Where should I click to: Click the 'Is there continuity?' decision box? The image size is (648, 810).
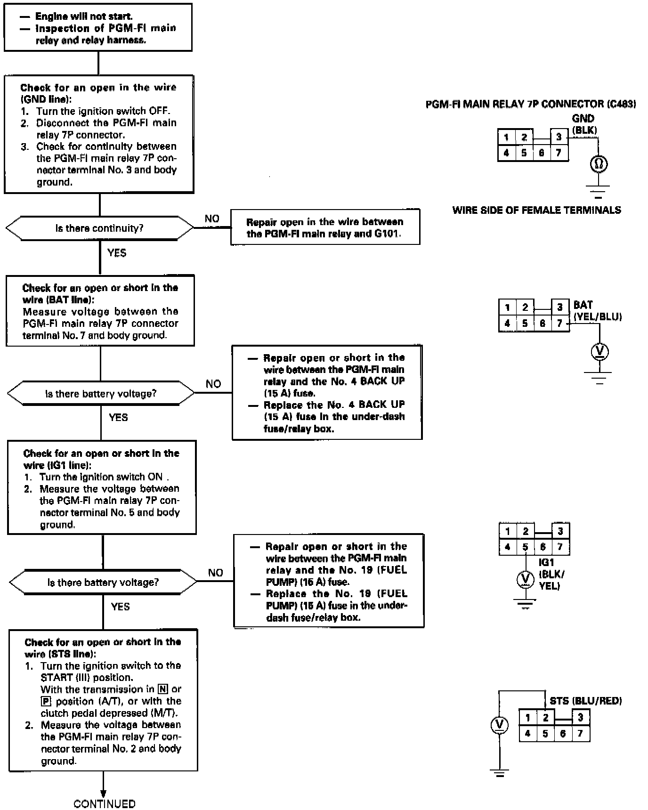coord(99,228)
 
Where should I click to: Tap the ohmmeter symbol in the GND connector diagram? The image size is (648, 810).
coord(599,164)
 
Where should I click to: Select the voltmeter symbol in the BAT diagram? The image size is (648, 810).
coord(599,351)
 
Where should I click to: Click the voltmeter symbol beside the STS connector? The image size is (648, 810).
coord(500,725)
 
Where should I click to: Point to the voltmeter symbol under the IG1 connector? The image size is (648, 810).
coord(526,579)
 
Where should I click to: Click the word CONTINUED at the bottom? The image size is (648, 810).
coord(104,804)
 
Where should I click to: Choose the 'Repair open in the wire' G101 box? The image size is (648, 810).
coord(325,227)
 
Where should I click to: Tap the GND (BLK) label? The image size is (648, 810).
coord(584,124)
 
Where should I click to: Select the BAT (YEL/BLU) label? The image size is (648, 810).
coord(597,311)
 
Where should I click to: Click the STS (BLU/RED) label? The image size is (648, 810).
coord(585,701)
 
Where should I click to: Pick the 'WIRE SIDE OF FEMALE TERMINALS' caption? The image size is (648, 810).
coord(536,210)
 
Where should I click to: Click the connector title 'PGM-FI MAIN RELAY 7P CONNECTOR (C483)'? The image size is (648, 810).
coord(530,104)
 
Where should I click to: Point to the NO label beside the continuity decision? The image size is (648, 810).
coord(212,219)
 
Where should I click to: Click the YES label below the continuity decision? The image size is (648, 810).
coord(117,253)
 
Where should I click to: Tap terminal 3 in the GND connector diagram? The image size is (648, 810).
coord(559,137)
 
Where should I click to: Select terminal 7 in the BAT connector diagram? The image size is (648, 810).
coord(559,324)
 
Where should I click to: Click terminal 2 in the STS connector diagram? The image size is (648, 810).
coord(545,718)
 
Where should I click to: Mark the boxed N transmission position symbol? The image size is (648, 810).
coord(163,689)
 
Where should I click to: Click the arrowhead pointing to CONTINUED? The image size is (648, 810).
coord(103,794)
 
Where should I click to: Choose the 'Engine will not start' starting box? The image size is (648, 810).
coord(98,28)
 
